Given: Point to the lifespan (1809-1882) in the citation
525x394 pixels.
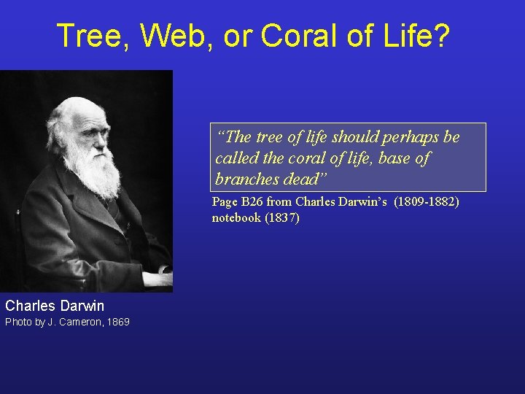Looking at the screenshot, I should [427, 201].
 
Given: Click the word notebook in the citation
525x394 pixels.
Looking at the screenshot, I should [235, 217].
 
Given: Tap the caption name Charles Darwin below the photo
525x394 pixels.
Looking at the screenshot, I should [55, 306].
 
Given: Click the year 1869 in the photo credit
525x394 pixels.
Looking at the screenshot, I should [117, 322].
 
